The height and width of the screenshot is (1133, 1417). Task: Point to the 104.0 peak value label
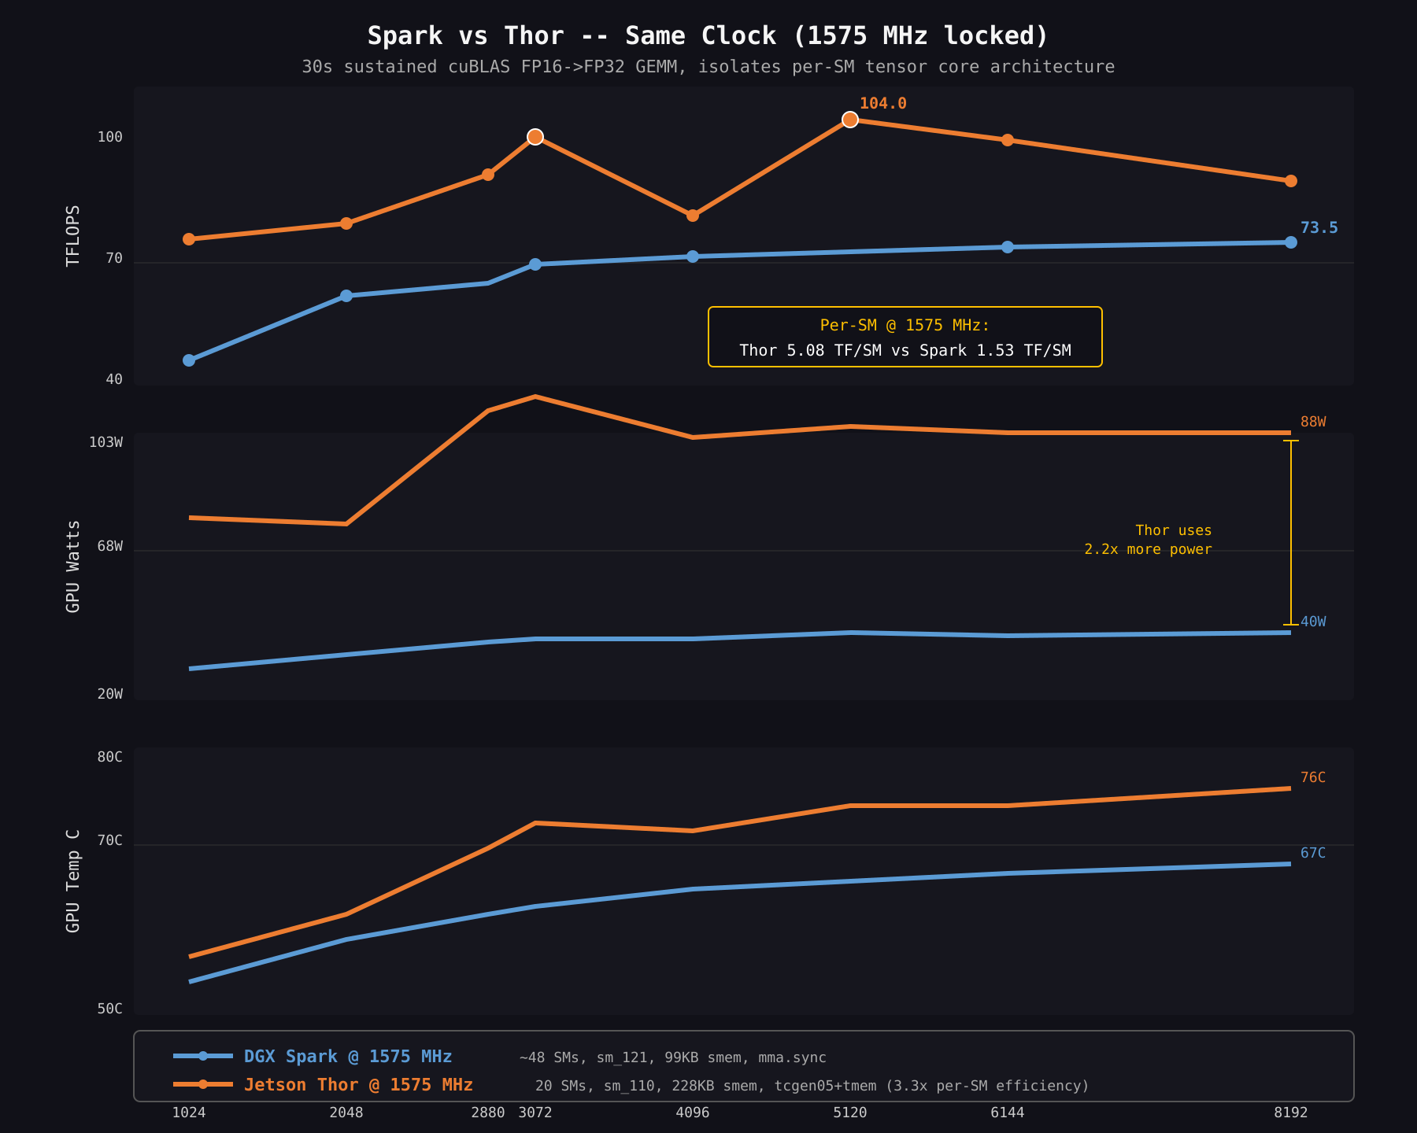coord(882,104)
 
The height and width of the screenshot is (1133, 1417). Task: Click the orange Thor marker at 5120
coord(850,120)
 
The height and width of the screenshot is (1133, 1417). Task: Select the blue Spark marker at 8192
coord(1291,242)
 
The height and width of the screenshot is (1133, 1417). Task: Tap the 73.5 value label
coord(1319,228)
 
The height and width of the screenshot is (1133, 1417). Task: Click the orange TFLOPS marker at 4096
coord(693,216)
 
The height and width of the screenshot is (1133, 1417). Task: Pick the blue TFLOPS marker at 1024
coord(189,360)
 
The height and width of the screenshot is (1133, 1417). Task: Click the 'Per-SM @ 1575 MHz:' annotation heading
coord(905,326)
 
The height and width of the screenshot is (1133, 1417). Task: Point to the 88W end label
coord(1312,423)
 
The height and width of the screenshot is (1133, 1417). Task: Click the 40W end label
coord(1312,622)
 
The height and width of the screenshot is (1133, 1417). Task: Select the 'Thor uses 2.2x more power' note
coord(1149,540)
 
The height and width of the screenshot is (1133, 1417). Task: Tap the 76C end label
coord(1312,778)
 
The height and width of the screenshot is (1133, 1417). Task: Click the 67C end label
coord(1312,854)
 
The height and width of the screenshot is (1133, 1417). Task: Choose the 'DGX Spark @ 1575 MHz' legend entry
coord(347,1057)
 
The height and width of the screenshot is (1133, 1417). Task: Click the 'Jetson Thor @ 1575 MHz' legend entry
coord(357,1085)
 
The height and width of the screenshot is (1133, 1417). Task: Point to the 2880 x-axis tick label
coord(487,1113)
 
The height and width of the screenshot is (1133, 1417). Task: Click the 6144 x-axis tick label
coord(1008,1113)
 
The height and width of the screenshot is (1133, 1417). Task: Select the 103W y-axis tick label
coord(105,443)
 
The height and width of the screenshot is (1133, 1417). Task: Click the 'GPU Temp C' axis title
coord(73,881)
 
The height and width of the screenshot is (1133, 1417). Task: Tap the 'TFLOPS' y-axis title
coord(73,236)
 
